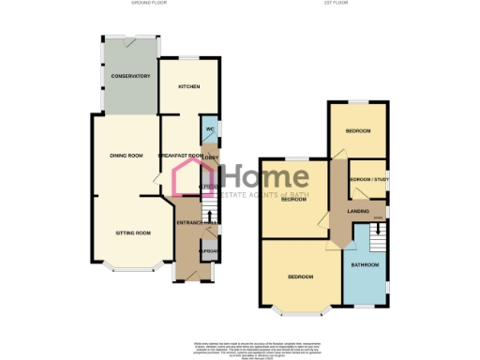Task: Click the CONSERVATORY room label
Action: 130,76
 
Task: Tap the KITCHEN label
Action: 188,86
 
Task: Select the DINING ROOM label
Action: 127,156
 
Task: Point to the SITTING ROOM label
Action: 133,232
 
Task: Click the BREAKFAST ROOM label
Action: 181,156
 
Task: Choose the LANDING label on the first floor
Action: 357,212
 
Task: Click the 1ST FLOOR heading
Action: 334,4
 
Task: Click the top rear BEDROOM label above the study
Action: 360,130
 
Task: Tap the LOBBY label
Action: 211,157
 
